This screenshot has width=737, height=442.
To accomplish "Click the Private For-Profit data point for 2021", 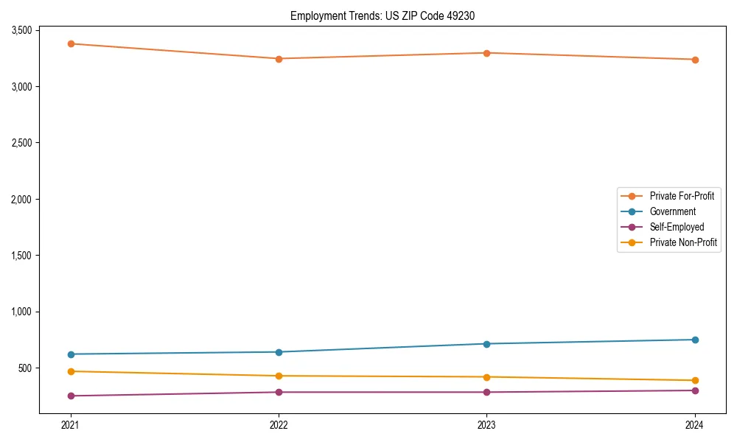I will tap(71, 43).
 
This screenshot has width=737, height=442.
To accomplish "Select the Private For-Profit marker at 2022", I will tap(279, 59).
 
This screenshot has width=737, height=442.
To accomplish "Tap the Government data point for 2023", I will tap(487, 344).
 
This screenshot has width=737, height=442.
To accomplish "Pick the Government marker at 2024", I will tap(695, 340).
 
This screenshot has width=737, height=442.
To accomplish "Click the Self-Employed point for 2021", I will tap(71, 396).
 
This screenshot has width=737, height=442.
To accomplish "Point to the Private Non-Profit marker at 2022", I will tap(279, 376).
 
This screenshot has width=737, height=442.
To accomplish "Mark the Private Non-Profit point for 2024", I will tap(695, 380).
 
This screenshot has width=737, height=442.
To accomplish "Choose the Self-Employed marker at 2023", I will tap(487, 392).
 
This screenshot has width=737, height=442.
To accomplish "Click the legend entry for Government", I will tap(672, 211).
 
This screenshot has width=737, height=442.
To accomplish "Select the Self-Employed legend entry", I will tap(677, 227).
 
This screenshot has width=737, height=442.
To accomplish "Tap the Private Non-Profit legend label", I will tap(683, 242).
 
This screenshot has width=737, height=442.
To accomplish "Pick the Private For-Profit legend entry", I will tap(682, 196).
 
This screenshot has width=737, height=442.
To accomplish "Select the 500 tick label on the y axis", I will tap(26, 368).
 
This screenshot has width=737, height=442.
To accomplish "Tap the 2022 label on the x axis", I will tap(279, 424).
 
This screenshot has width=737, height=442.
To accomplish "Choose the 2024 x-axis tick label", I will tap(695, 424).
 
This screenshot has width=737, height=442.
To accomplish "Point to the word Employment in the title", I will tap(314, 15).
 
